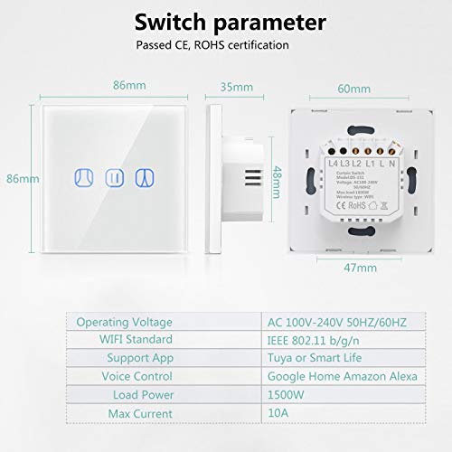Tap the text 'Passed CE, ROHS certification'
212,45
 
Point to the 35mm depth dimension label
236,88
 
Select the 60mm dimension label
353,89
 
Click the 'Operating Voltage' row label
125,321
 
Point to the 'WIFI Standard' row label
134,339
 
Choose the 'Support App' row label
137,358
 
